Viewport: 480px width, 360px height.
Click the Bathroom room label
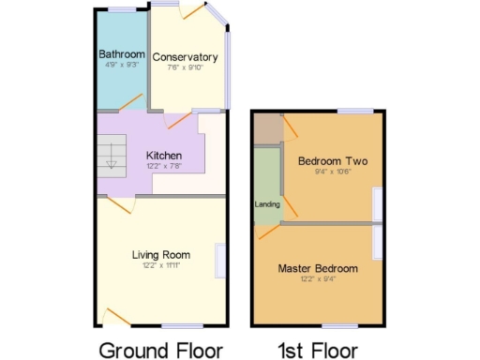click(122, 54)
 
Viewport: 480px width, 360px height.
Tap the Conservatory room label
click(185, 57)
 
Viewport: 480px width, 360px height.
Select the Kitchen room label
click(163, 156)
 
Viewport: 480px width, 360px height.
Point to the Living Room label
click(160, 254)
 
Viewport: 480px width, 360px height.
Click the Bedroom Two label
click(333, 161)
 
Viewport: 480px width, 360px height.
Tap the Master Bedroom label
click(318, 268)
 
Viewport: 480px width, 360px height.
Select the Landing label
click(266, 203)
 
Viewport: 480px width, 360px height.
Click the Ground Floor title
click(161, 350)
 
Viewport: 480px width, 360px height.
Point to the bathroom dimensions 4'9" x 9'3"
click(122, 66)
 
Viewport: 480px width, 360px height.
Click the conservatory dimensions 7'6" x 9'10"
click(185, 68)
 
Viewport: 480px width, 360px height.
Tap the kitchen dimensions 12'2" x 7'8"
click(163, 167)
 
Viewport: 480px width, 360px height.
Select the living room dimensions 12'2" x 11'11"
click(160, 265)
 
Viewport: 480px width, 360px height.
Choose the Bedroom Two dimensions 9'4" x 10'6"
click(333, 172)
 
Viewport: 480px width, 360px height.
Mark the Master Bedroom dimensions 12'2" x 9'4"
click(318, 279)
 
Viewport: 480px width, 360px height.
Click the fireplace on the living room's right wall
click(220, 260)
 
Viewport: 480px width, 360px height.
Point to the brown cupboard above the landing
click(266, 127)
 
